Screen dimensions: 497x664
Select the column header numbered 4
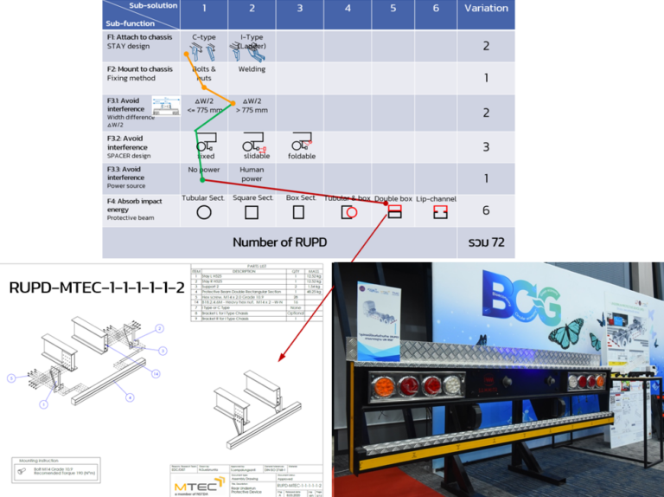pos(348,9)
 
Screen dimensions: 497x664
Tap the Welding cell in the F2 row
pos(252,70)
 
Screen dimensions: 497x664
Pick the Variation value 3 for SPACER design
pos(486,147)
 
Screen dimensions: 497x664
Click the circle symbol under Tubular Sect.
pos(204,212)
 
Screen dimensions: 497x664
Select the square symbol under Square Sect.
pos(252,212)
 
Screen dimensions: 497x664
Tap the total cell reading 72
pos(486,242)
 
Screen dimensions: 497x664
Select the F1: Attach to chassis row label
pos(138,42)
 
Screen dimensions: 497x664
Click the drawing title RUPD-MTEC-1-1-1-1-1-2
pos(97,287)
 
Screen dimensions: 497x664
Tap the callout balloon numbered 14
pos(156,373)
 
